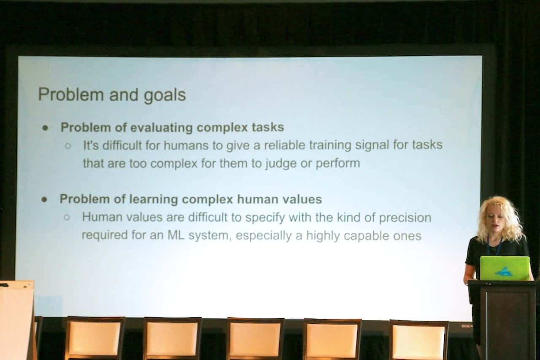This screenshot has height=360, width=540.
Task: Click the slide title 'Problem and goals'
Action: pos(112,95)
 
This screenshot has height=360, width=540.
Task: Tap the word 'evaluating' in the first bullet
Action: pos(161,127)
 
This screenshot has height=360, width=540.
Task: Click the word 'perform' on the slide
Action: pos(338,163)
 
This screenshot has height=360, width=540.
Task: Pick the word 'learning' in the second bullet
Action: pos(154,199)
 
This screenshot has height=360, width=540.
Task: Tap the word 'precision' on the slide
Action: pos(405,218)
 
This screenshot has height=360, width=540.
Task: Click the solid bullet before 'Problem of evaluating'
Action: pos(45,128)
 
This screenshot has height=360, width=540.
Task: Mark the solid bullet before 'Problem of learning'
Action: pos(44,199)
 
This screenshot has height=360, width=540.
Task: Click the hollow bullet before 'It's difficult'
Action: pos(68,146)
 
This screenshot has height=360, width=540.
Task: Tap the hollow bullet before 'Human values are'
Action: pos(67,217)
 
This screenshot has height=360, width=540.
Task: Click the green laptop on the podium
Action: pos(505,268)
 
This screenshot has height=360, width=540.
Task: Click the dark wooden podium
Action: pos(504,320)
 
